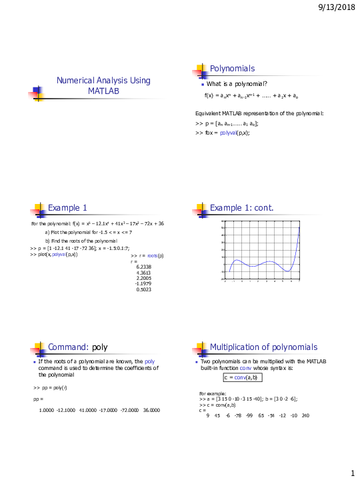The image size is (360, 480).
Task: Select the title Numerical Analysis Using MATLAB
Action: (x=103, y=85)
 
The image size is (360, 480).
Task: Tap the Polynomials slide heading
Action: (x=232, y=69)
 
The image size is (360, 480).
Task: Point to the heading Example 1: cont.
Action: (x=241, y=207)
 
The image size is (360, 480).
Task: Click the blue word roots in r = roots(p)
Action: (x=153, y=255)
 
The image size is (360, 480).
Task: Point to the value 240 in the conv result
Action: (x=305, y=415)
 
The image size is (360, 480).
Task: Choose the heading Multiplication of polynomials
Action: (x=264, y=347)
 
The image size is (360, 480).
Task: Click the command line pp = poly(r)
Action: (x=50, y=387)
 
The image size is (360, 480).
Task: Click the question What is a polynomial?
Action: (x=237, y=83)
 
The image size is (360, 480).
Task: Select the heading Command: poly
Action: (x=78, y=347)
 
